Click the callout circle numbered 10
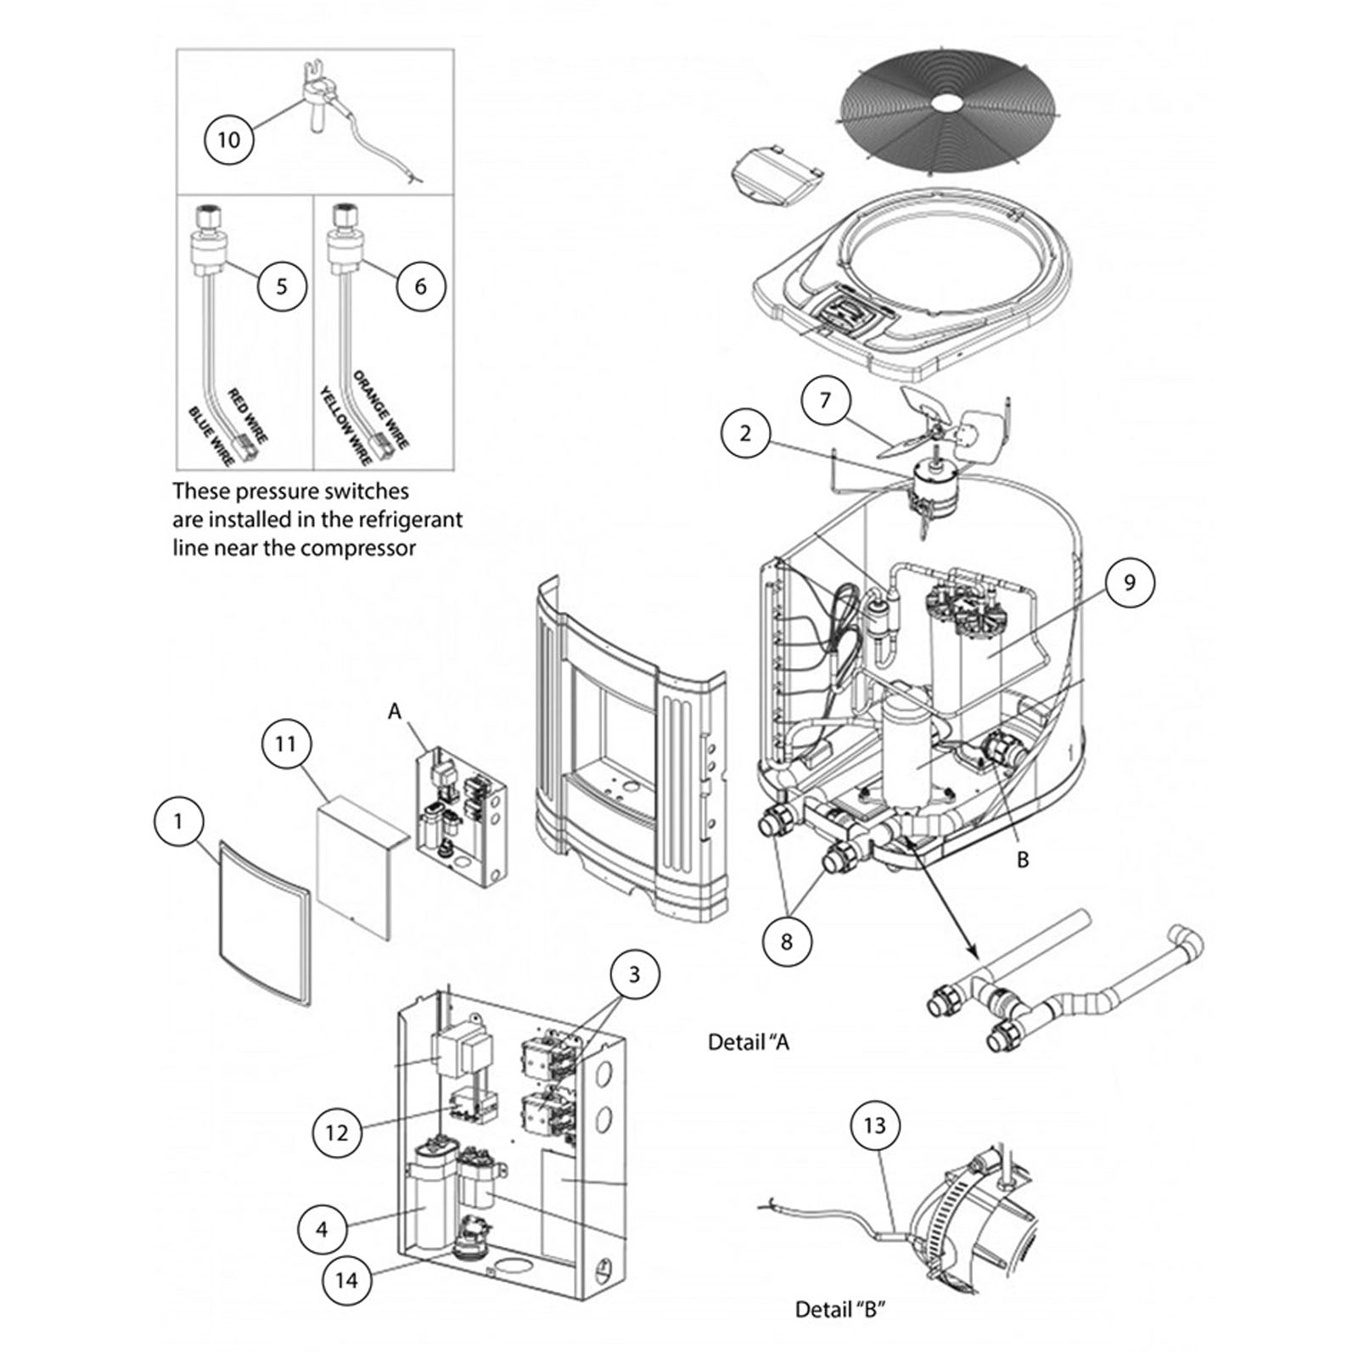229,139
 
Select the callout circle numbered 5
282,286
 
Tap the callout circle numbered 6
421,286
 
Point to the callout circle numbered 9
1130,582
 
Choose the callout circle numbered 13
874,1125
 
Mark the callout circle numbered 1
178,822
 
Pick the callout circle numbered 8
786,941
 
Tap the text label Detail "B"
840,1310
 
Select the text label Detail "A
749,1041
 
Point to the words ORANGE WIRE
381,410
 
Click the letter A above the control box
394,711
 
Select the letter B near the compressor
1023,860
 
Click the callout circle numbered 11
285,744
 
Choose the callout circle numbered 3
634,974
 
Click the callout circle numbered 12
337,1132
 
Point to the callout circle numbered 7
826,399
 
